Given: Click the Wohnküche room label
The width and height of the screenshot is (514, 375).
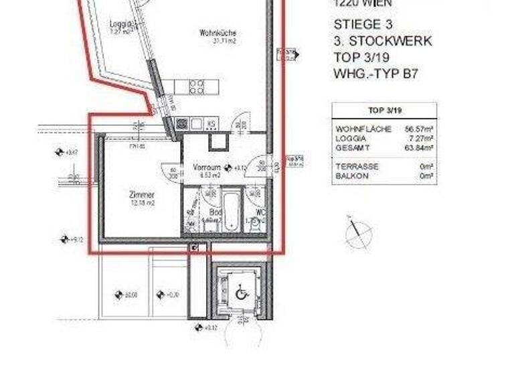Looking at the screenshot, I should coord(218,33).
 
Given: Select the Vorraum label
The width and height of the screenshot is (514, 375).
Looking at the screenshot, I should coord(207,167).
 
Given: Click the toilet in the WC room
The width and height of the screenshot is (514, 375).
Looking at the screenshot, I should coord(255,224).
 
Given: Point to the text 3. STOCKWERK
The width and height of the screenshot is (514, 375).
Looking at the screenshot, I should coord(382,42).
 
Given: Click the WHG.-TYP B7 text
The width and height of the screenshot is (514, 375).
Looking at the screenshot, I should coord(375,74).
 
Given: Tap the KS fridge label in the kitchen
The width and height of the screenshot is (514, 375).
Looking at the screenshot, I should coord(210,124).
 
